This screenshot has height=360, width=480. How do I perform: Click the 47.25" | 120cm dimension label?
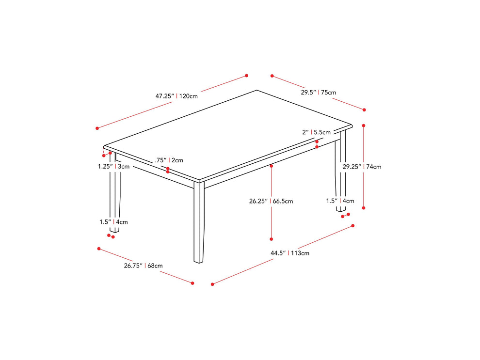[176, 96]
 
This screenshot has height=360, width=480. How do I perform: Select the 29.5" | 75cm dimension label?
[318, 93]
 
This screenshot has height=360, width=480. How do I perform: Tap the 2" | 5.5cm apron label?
[316, 132]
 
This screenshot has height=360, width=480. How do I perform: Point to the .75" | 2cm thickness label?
[169, 160]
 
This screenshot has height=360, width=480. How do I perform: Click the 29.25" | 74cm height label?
[362, 167]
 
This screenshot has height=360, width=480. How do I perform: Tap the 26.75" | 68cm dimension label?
[143, 266]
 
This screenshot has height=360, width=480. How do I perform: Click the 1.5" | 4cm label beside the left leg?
[113, 222]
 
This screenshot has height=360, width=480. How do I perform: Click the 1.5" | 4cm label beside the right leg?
[340, 201]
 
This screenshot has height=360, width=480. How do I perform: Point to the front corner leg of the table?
[199, 223]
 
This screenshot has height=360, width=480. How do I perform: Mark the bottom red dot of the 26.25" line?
[272, 239]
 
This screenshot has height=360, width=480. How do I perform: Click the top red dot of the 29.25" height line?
[364, 125]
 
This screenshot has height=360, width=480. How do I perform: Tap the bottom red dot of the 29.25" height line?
[364, 208]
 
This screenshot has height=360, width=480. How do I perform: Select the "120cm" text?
[189, 96]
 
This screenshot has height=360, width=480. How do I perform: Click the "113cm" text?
[300, 253]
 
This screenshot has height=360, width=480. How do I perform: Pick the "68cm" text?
[155, 266]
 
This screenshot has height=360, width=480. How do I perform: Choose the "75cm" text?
[328, 93]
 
